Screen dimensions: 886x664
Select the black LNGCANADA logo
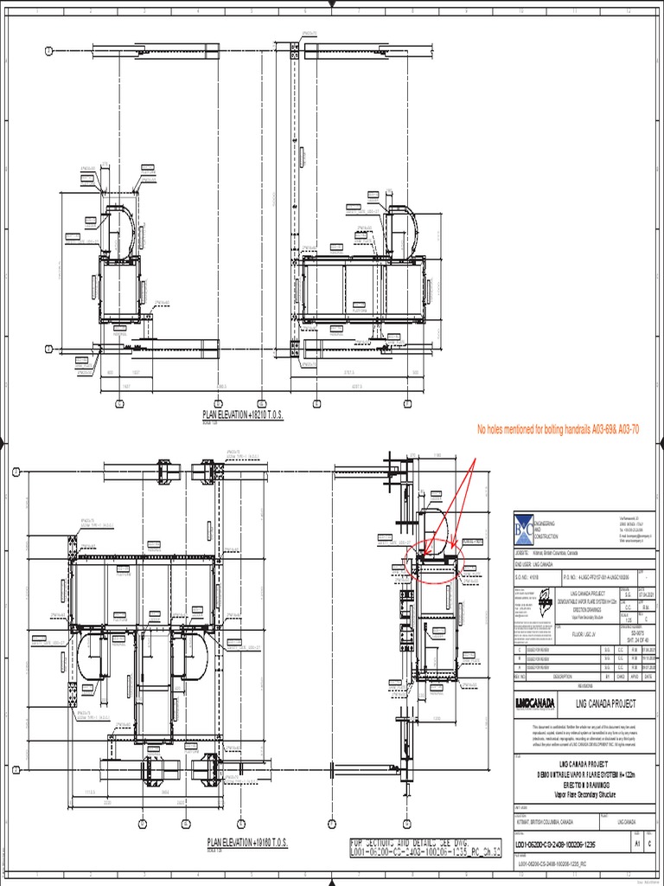[535, 702]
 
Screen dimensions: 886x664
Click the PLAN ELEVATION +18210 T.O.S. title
[243, 415]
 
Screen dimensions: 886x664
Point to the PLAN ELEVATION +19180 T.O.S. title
[246, 841]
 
